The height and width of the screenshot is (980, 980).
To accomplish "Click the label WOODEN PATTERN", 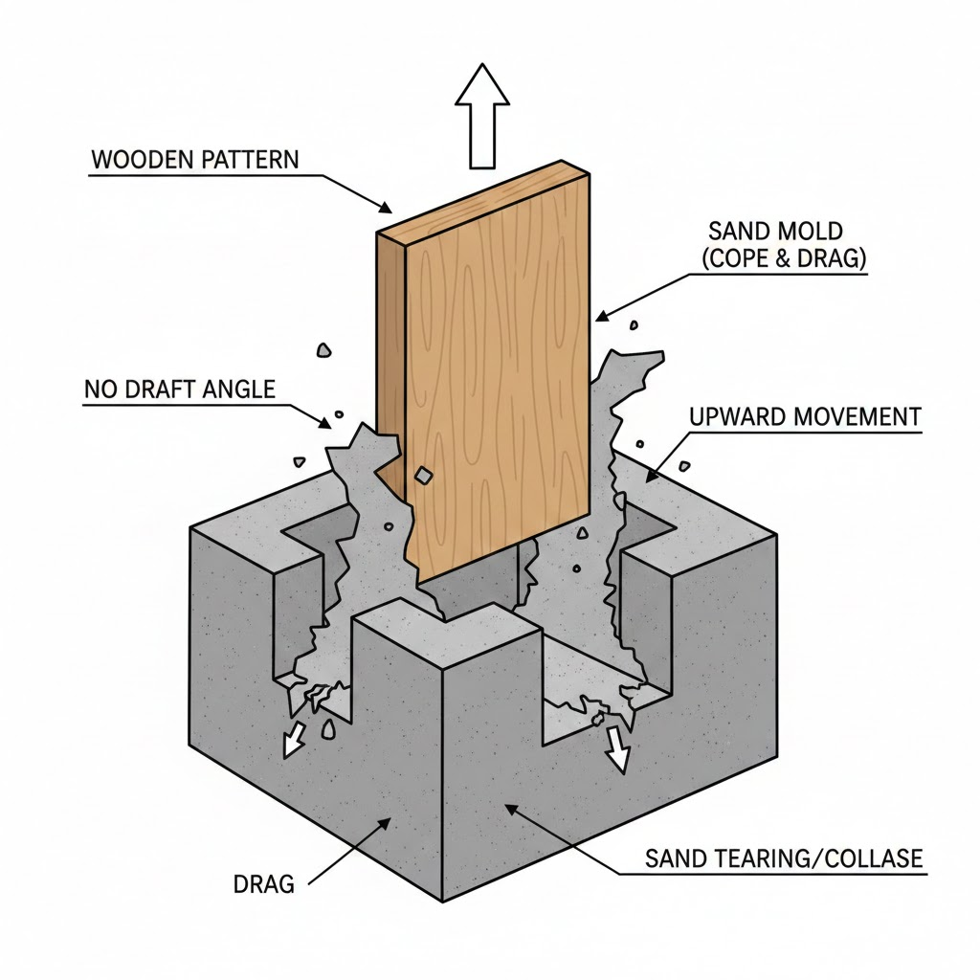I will click(194, 159).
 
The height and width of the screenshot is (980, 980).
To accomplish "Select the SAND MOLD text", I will click(775, 231).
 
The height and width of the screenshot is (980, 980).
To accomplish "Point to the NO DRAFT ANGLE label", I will click(179, 390).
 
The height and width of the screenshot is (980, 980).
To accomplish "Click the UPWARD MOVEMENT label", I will click(804, 417).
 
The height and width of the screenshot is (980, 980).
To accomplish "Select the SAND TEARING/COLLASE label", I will click(784, 857).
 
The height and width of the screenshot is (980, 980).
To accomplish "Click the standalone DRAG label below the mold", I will click(264, 883).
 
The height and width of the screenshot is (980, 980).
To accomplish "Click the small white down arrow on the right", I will click(617, 750).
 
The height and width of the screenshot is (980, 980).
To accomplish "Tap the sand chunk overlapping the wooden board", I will click(422, 476).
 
